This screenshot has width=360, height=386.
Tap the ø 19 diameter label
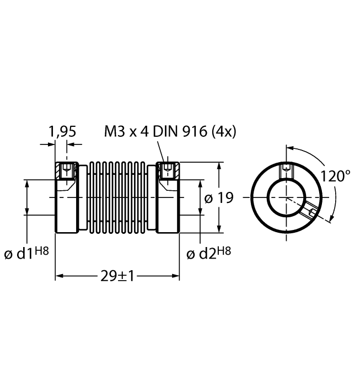pyautogui.click(x=219, y=198)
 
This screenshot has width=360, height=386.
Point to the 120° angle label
pyautogui.click(x=336, y=176)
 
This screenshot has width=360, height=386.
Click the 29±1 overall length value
pyautogui.click(x=117, y=276)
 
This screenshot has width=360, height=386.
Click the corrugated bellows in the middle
pyautogui.click(x=117, y=197)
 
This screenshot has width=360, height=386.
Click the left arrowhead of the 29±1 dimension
pyautogui.click(x=59, y=276)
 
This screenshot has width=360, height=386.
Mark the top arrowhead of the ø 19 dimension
pyautogui.click(x=221, y=165)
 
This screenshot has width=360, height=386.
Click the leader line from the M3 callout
pyautogui.click(x=161, y=150)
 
